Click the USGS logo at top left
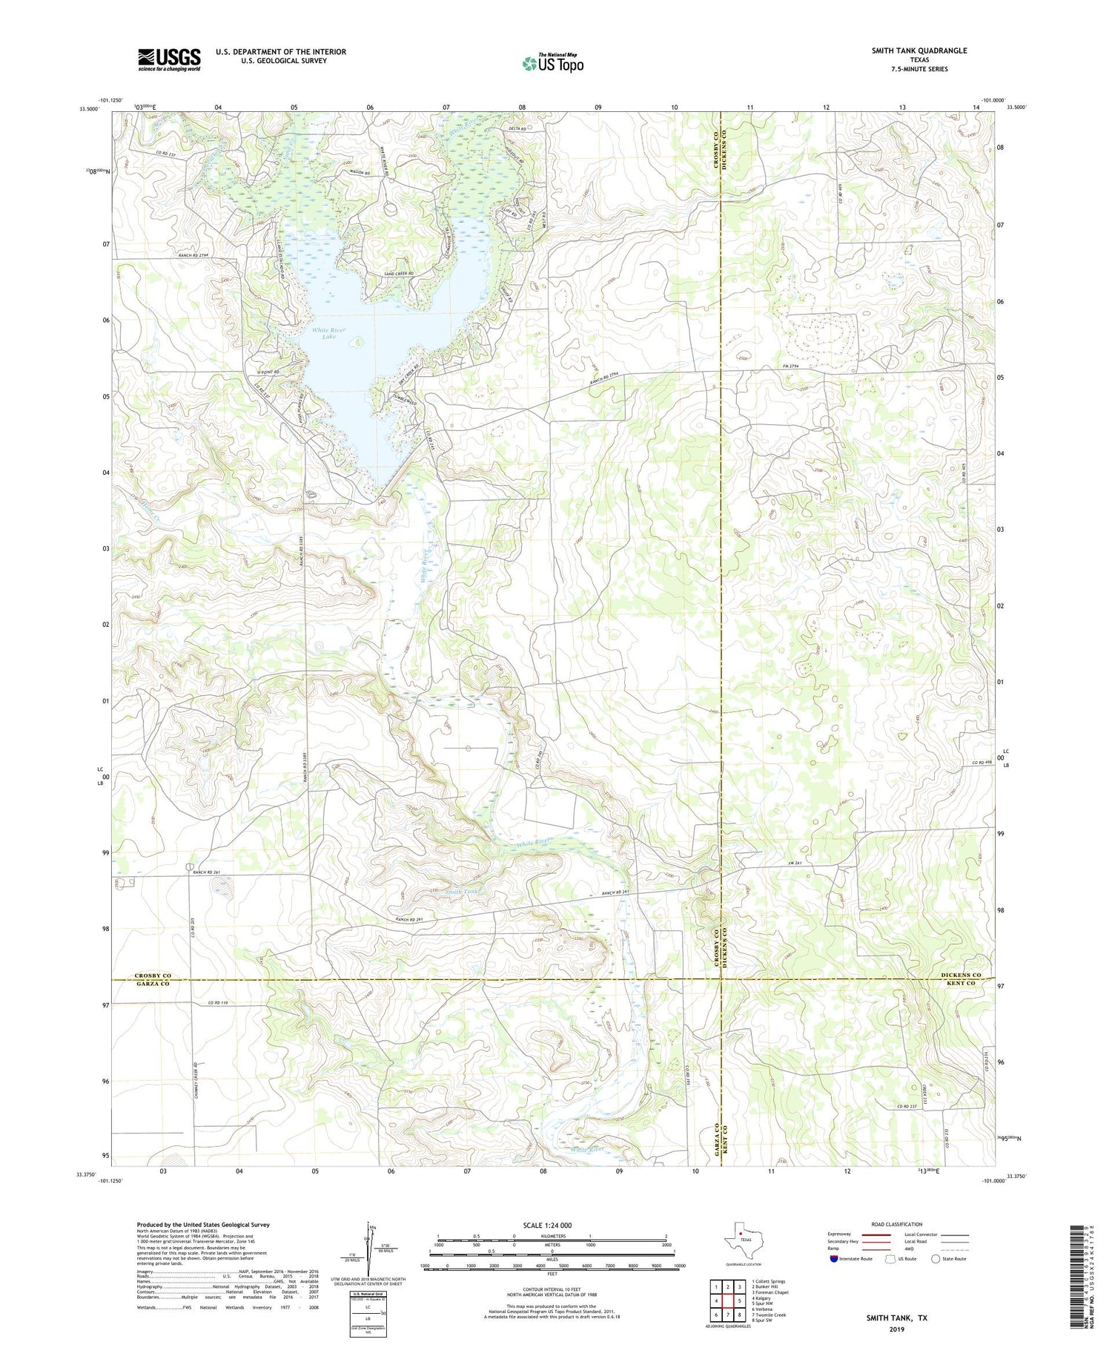point(169,59)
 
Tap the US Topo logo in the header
point(552,64)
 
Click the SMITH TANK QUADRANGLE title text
point(919,50)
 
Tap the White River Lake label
point(328,333)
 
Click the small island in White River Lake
point(359,342)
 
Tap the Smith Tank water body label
point(463,891)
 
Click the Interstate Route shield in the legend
point(835,1258)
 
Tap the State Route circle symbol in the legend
point(936,1258)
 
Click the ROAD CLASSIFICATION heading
point(896,1224)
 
